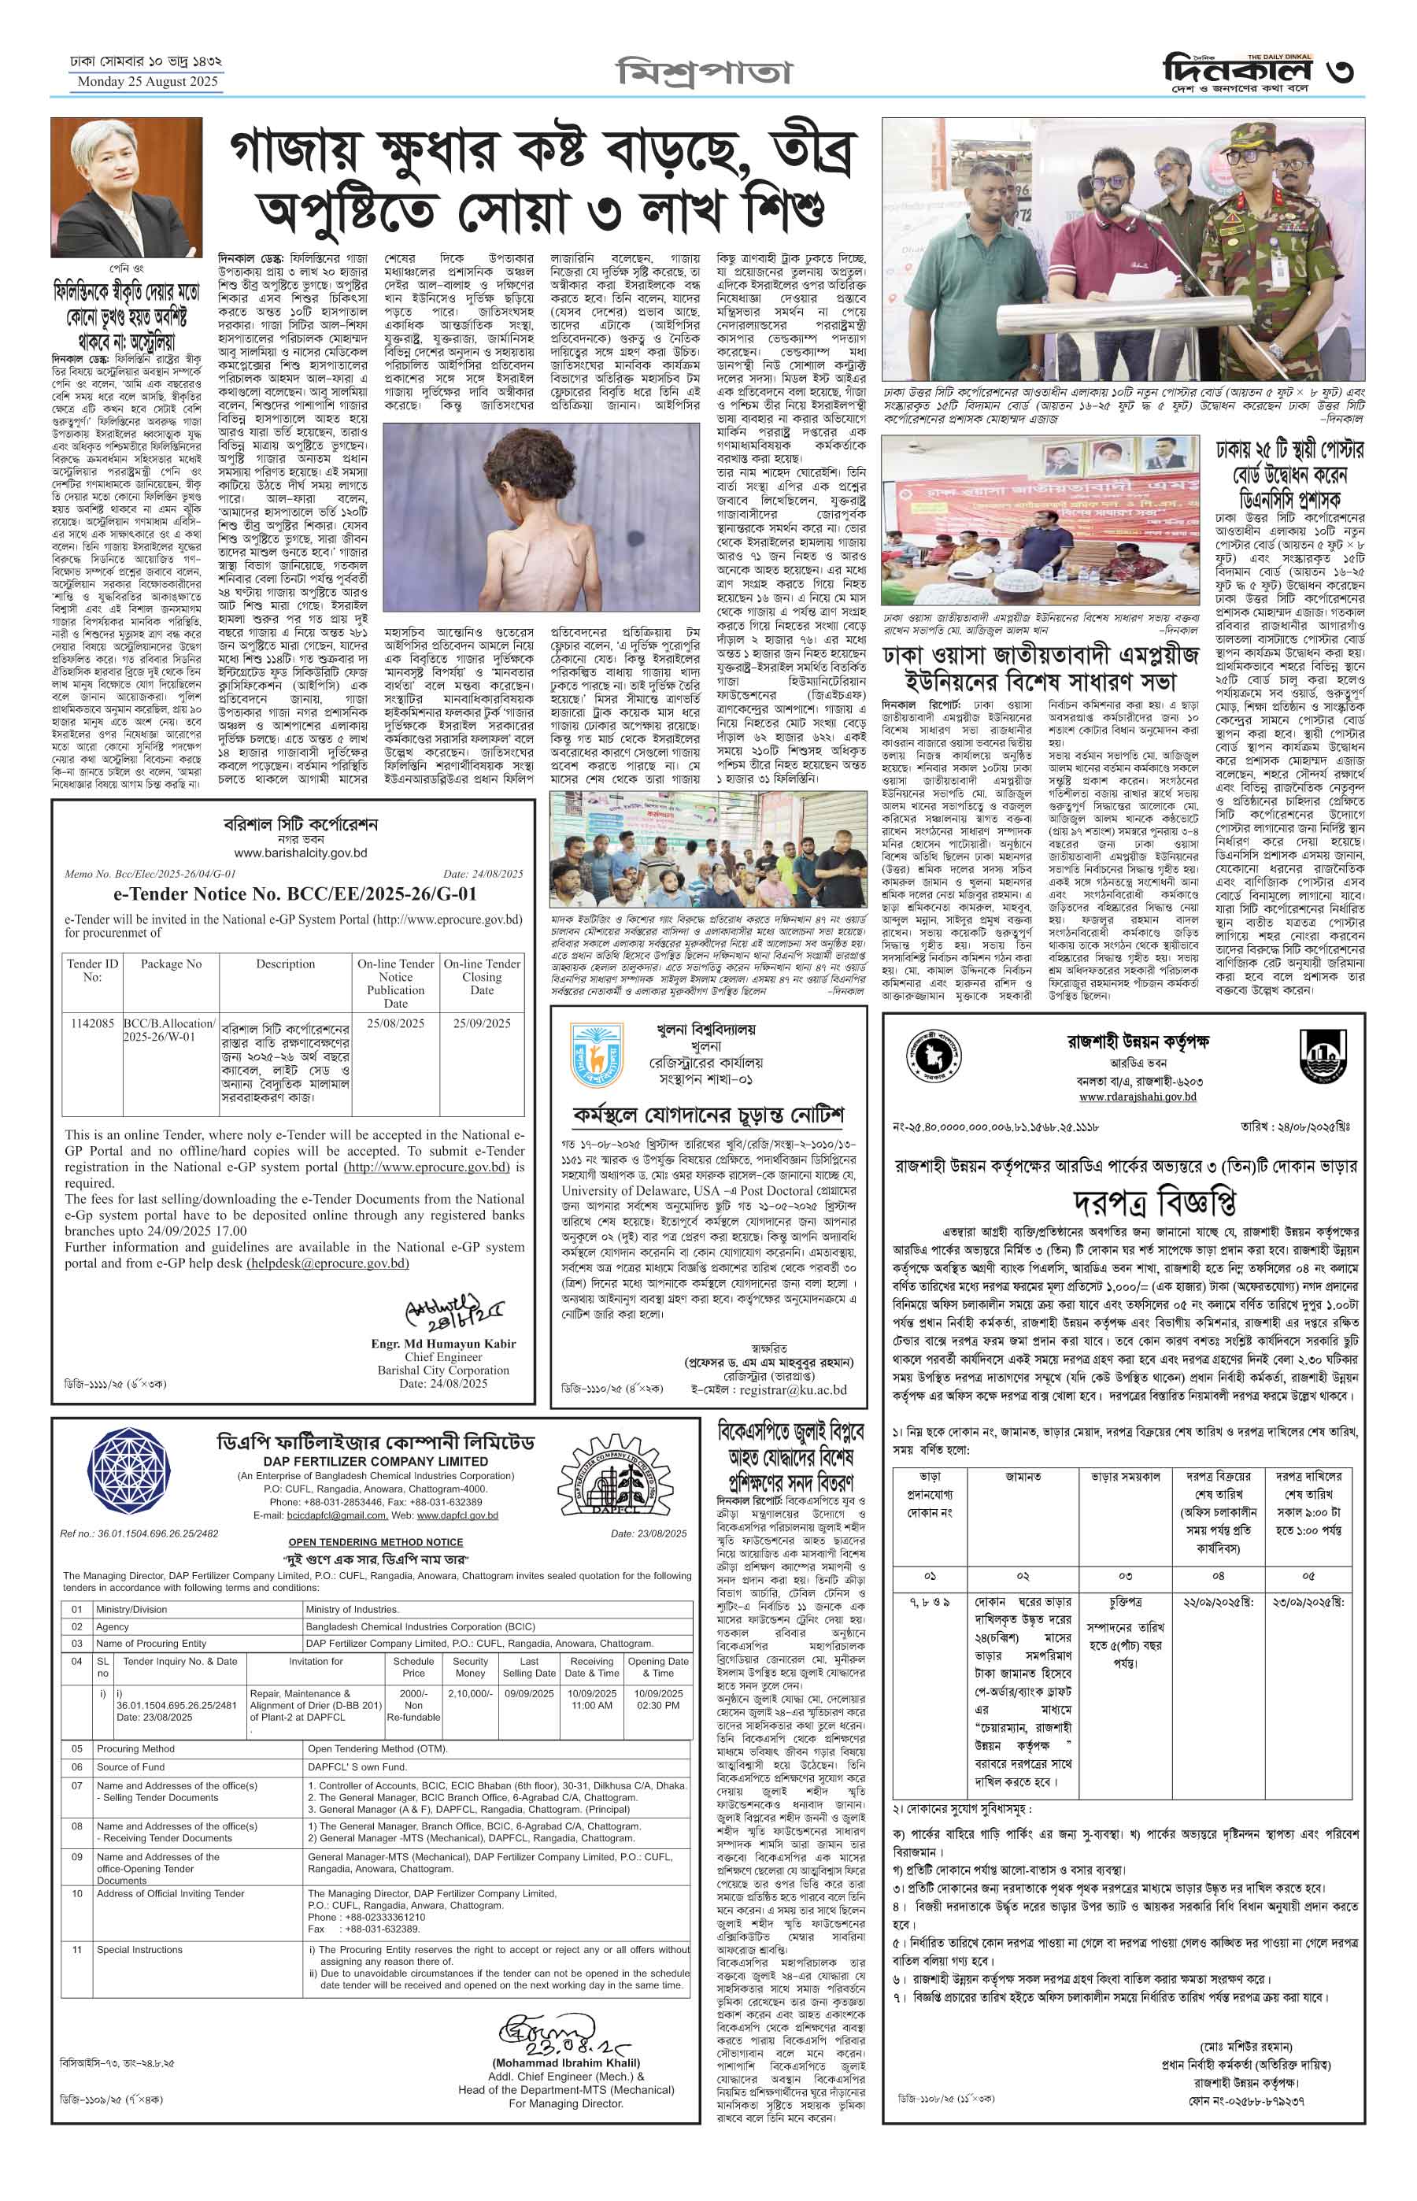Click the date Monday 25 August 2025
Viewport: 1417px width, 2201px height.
tap(147, 82)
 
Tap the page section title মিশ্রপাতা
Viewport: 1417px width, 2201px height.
tap(703, 71)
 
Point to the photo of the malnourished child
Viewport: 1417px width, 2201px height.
tap(541, 517)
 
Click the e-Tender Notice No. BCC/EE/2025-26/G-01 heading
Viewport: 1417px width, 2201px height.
tap(294, 893)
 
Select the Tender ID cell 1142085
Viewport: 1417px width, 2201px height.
tap(91, 1023)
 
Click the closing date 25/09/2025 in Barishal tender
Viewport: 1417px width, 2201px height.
tap(481, 1023)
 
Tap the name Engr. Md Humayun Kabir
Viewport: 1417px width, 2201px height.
tap(442, 1344)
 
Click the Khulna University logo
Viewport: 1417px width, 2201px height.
tap(598, 1056)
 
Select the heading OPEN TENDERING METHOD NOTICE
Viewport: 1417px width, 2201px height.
tap(376, 1542)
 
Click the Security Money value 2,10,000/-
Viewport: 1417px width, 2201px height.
tap(470, 1693)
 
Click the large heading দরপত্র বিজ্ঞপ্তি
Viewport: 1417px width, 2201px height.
tap(1155, 1203)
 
